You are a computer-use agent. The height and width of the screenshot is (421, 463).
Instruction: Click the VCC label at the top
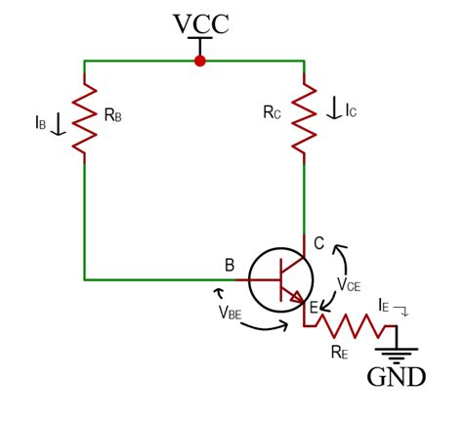[x=200, y=22]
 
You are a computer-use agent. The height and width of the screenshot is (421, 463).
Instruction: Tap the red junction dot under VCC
[x=200, y=61]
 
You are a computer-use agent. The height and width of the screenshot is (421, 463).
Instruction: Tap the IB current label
[x=40, y=123]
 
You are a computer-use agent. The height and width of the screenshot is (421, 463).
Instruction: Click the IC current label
[x=351, y=110]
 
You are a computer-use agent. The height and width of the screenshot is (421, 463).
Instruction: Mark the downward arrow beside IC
[x=334, y=109]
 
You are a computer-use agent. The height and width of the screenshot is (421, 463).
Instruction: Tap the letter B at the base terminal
[x=230, y=265]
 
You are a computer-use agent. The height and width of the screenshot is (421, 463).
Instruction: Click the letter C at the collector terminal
[x=318, y=243]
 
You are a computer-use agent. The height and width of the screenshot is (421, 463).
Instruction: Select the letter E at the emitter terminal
[x=314, y=309]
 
